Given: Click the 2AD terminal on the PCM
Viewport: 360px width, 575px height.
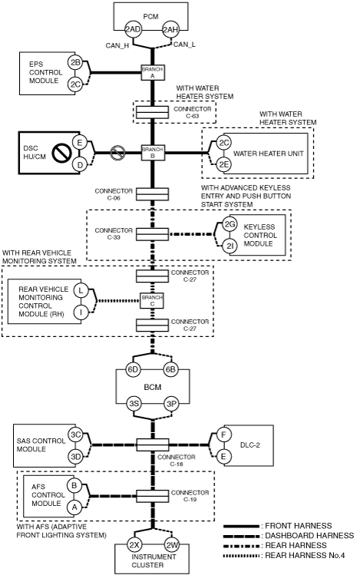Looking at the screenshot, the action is point(133,30).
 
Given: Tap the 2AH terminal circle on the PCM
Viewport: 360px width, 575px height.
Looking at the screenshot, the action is point(170,30).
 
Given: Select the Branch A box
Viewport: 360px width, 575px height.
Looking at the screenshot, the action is point(153,72).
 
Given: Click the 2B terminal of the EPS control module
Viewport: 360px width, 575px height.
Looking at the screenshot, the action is point(75,63).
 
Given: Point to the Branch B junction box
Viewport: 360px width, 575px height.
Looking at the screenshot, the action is point(153,153).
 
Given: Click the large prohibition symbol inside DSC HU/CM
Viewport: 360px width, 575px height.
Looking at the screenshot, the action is point(61,153).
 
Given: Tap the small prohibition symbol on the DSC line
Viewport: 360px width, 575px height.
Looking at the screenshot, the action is point(118,153).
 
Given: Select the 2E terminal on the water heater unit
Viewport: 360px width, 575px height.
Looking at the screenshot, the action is point(223,164).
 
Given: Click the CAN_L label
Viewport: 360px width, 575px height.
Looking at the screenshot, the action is point(184,45).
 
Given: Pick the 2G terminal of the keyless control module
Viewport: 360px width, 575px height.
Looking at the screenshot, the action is point(230,224).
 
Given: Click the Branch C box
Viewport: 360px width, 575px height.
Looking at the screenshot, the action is point(153,301).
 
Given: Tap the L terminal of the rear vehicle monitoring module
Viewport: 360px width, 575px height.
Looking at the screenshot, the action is point(81,291).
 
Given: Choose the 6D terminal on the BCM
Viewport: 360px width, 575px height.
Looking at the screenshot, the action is point(133,369).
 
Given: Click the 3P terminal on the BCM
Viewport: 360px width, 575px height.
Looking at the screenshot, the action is point(171,404).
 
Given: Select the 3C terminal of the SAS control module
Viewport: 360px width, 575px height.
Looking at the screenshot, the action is point(75,435).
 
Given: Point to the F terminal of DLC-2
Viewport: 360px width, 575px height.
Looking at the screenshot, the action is point(223,435).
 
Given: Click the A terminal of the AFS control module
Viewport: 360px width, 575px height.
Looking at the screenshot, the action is point(74,507).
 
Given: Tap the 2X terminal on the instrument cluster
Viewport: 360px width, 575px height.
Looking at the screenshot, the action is point(134,545).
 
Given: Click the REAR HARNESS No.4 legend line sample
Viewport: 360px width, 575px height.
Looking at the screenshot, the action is point(241,556).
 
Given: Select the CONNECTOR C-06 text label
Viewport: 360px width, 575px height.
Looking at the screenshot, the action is point(114,195).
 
